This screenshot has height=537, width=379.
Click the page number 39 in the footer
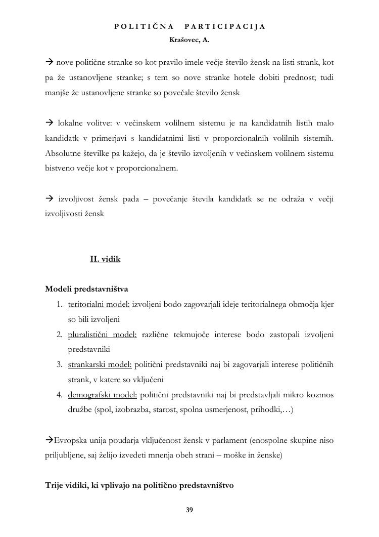click(x=189, y=510)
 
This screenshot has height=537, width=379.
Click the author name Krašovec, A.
click(x=189, y=39)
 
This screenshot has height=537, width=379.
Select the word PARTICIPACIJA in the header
click(x=225, y=26)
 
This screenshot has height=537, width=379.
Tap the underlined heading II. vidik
click(x=105, y=259)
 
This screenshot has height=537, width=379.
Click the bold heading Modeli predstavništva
click(x=86, y=289)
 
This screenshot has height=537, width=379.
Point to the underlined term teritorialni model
click(x=99, y=304)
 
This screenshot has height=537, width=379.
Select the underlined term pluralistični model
click(x=103, y=335)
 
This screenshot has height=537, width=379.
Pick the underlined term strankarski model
click(x=100, y=364)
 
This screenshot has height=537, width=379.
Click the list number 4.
click(x=59, y=395)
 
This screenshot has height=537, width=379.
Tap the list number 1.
click(x=59, y=304)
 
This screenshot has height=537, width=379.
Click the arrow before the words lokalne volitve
click(x=50, y=123)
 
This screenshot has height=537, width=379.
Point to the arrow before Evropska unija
click(x=49, y=440)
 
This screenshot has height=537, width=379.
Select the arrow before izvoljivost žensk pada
click(x=50, y=198)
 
